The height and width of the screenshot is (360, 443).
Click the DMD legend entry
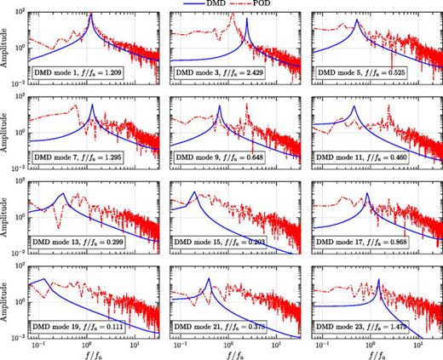pos(197,5)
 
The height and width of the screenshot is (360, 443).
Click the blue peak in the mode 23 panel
pos(377,280)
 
